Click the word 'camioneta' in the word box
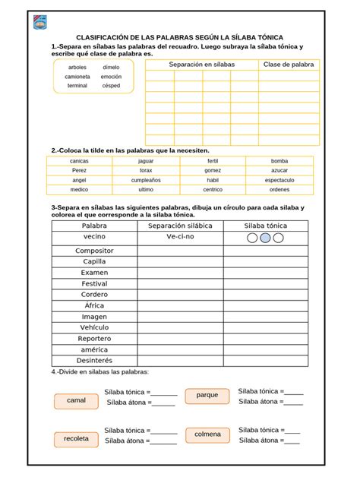click(77, 77)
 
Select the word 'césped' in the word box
click(111, 86)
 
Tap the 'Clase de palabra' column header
click(288, 65)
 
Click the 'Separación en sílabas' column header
click(202, 65)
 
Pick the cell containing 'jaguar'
click(146, 161)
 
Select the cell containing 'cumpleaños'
click(146, 180)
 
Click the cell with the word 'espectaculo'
click(279, 180)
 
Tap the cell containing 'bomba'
click(279, 161)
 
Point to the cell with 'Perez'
click(79, 171)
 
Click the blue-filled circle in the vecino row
click(265, 238)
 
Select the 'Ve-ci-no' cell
click(181, 238)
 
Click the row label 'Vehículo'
click(95, 327)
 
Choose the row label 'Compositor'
click(95, 250)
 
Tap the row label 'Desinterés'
click(95, 360)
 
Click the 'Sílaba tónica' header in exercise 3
click(266, 226)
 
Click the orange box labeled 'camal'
click(76, 400)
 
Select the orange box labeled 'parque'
click(207, 395)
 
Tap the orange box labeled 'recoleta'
click(76, 439)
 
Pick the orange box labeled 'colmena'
click(207, 434)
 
